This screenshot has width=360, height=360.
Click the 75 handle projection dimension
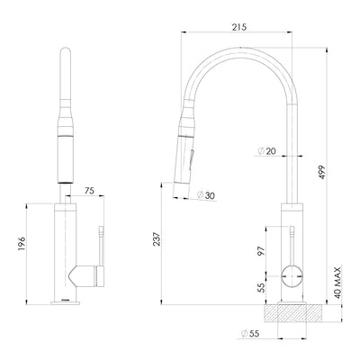pyautogui.click(x=89, y=190)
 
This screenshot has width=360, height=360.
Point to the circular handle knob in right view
pyautogui.click(x=292, y=275)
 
